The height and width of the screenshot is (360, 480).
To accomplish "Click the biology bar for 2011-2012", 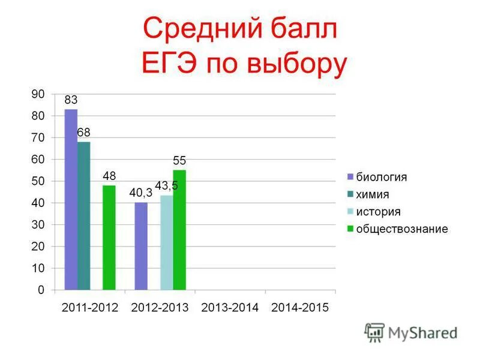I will pyautogui.click(x=71, y=200).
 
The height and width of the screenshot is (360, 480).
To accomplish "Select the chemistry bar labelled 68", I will pyautogui.click(x=83, y=216).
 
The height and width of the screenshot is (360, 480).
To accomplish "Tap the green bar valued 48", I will pyautogui.click(x=109, y=238).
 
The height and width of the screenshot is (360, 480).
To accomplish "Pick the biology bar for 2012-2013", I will pyautogui.click(x=141, y=247).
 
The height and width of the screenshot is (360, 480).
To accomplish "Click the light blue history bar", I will pyautogui.click(x=166, y=243).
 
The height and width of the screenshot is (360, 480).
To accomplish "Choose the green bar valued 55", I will pyautogui.click(x=179, y=230).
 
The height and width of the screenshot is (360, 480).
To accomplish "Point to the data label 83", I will pyautogui.click(x=71, y=100).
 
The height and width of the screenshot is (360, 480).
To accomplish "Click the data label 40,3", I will pyautogui.click(x=141, y=193).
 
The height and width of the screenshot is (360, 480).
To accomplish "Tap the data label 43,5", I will pyautogui.click(x=166, y=185).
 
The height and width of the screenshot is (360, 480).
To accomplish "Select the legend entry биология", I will pyautogui.click(x=382, y=177).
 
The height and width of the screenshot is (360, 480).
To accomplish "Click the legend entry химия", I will pyautogui.click(x=373, y=194).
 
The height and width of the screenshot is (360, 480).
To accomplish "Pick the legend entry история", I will pyautogui.click(x=378, y=212).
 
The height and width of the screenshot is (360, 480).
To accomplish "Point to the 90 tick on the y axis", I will pyautogui.click(x=38, y=94).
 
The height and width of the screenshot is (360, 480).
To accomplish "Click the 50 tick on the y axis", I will pyautogui.click(x=38, y=181).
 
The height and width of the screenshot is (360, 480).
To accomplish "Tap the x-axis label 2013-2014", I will pyautogui.click(x=230, y=308).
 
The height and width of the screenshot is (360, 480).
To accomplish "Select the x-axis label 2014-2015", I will pyautogui.click(x=300, y=308).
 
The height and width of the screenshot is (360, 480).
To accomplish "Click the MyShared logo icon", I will pyautogui.click(x=374, y=332).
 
